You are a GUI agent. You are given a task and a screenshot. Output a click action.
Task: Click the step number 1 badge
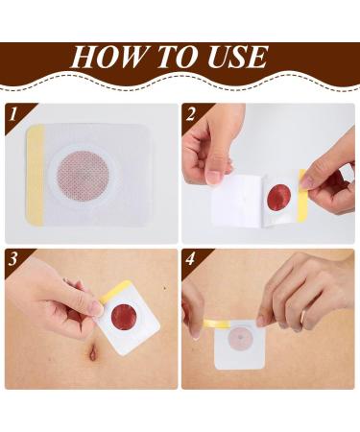click(13, 114)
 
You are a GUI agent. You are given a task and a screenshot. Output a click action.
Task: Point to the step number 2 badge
click(192, 114)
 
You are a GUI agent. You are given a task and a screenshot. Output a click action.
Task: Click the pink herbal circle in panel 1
click(91, 174)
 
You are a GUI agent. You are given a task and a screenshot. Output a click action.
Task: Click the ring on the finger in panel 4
click(303, 317)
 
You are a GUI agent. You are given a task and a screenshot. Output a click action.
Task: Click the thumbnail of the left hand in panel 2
click(214, 176)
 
